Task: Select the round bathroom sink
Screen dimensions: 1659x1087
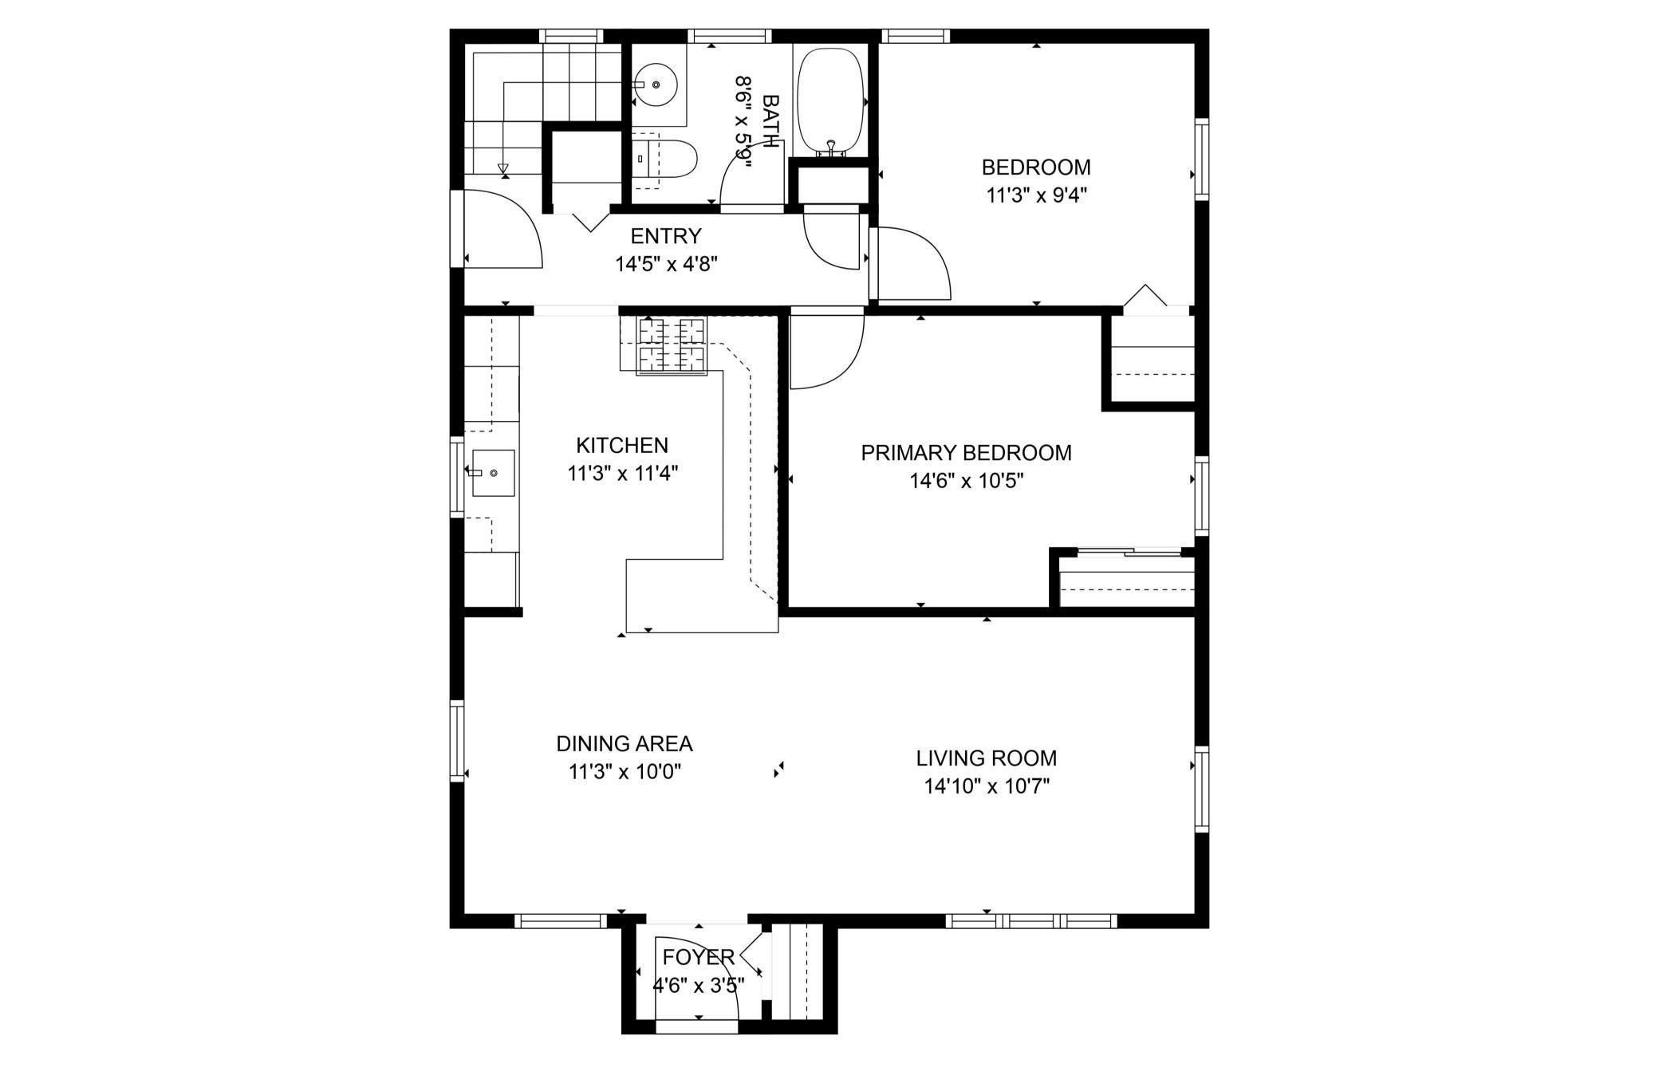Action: (656, 85)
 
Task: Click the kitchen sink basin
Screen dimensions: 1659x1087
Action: (493, 473)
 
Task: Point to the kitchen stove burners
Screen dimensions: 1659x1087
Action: (672, 345)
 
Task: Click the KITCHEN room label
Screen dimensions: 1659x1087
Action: (622, 445)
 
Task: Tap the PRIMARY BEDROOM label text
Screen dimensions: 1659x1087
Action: (966, 453)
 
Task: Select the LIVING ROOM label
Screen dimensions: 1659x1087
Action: (986, 758)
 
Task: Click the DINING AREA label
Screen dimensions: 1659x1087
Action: (625, 743)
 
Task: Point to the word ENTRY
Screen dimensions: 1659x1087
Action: (666, 236)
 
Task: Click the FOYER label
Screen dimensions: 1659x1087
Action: (699, 957)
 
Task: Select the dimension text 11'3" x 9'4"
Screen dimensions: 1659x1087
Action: (1037, 195)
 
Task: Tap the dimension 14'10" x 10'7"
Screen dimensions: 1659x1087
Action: (987, 786)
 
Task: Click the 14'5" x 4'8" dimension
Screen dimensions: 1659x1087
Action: (667, 264)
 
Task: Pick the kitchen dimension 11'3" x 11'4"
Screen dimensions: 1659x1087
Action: (623, 474)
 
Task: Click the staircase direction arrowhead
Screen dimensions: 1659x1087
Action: (502, 168)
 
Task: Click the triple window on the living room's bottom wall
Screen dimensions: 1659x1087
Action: (1031, 921)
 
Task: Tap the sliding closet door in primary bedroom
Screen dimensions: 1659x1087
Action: (1128, 550)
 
